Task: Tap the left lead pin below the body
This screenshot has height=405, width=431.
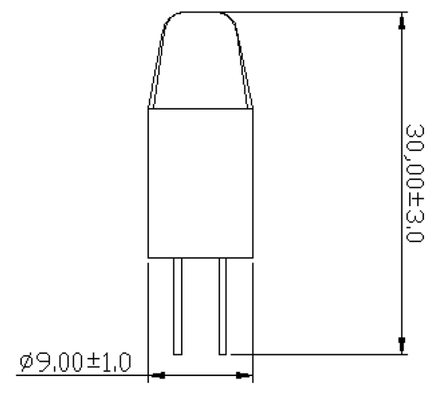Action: pos(179,306)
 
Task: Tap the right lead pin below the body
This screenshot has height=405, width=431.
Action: pos(223,306)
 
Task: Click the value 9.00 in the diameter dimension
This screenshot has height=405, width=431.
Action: pos(62,363)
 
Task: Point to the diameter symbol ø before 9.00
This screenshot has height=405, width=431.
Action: pos(27,363)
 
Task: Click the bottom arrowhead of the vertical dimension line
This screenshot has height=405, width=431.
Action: pos(402,344)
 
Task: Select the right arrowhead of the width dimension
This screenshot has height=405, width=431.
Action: pos(244,375)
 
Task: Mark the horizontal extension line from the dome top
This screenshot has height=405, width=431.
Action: pos(313,13)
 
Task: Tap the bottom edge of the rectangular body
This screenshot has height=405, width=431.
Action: pos(201,257)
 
